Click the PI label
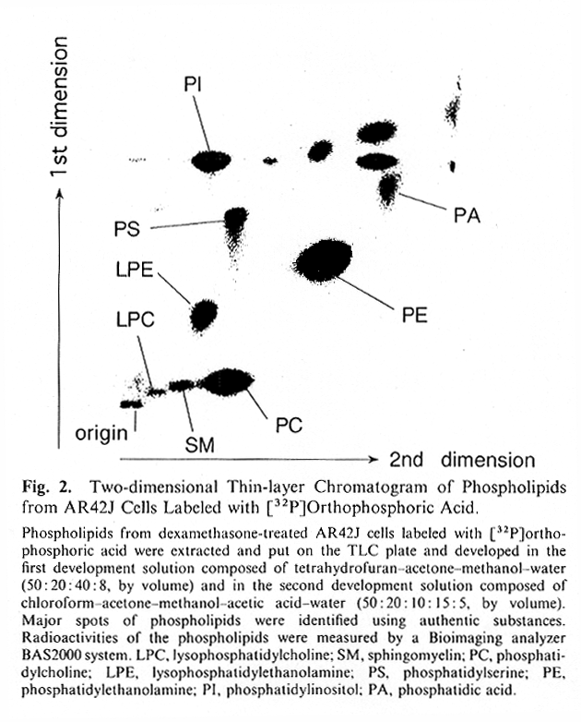tap(193, 85)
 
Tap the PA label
tap(467, 215)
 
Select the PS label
tap(127, 229)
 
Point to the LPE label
tap(135, 270)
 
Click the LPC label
tap(136, 319)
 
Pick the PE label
tap(415, 315)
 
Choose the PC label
tap(289, 425)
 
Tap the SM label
tap(199, 445)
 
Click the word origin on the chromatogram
tap(101, 433)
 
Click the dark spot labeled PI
tap(211, 162)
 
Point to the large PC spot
tap(226, 382)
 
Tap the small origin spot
tap(131, 403)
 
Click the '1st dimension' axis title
tap(60, 106)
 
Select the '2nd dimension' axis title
tap(462, 460)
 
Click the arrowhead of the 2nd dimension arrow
tap(373, 459)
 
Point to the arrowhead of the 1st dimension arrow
tap(59, 193)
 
